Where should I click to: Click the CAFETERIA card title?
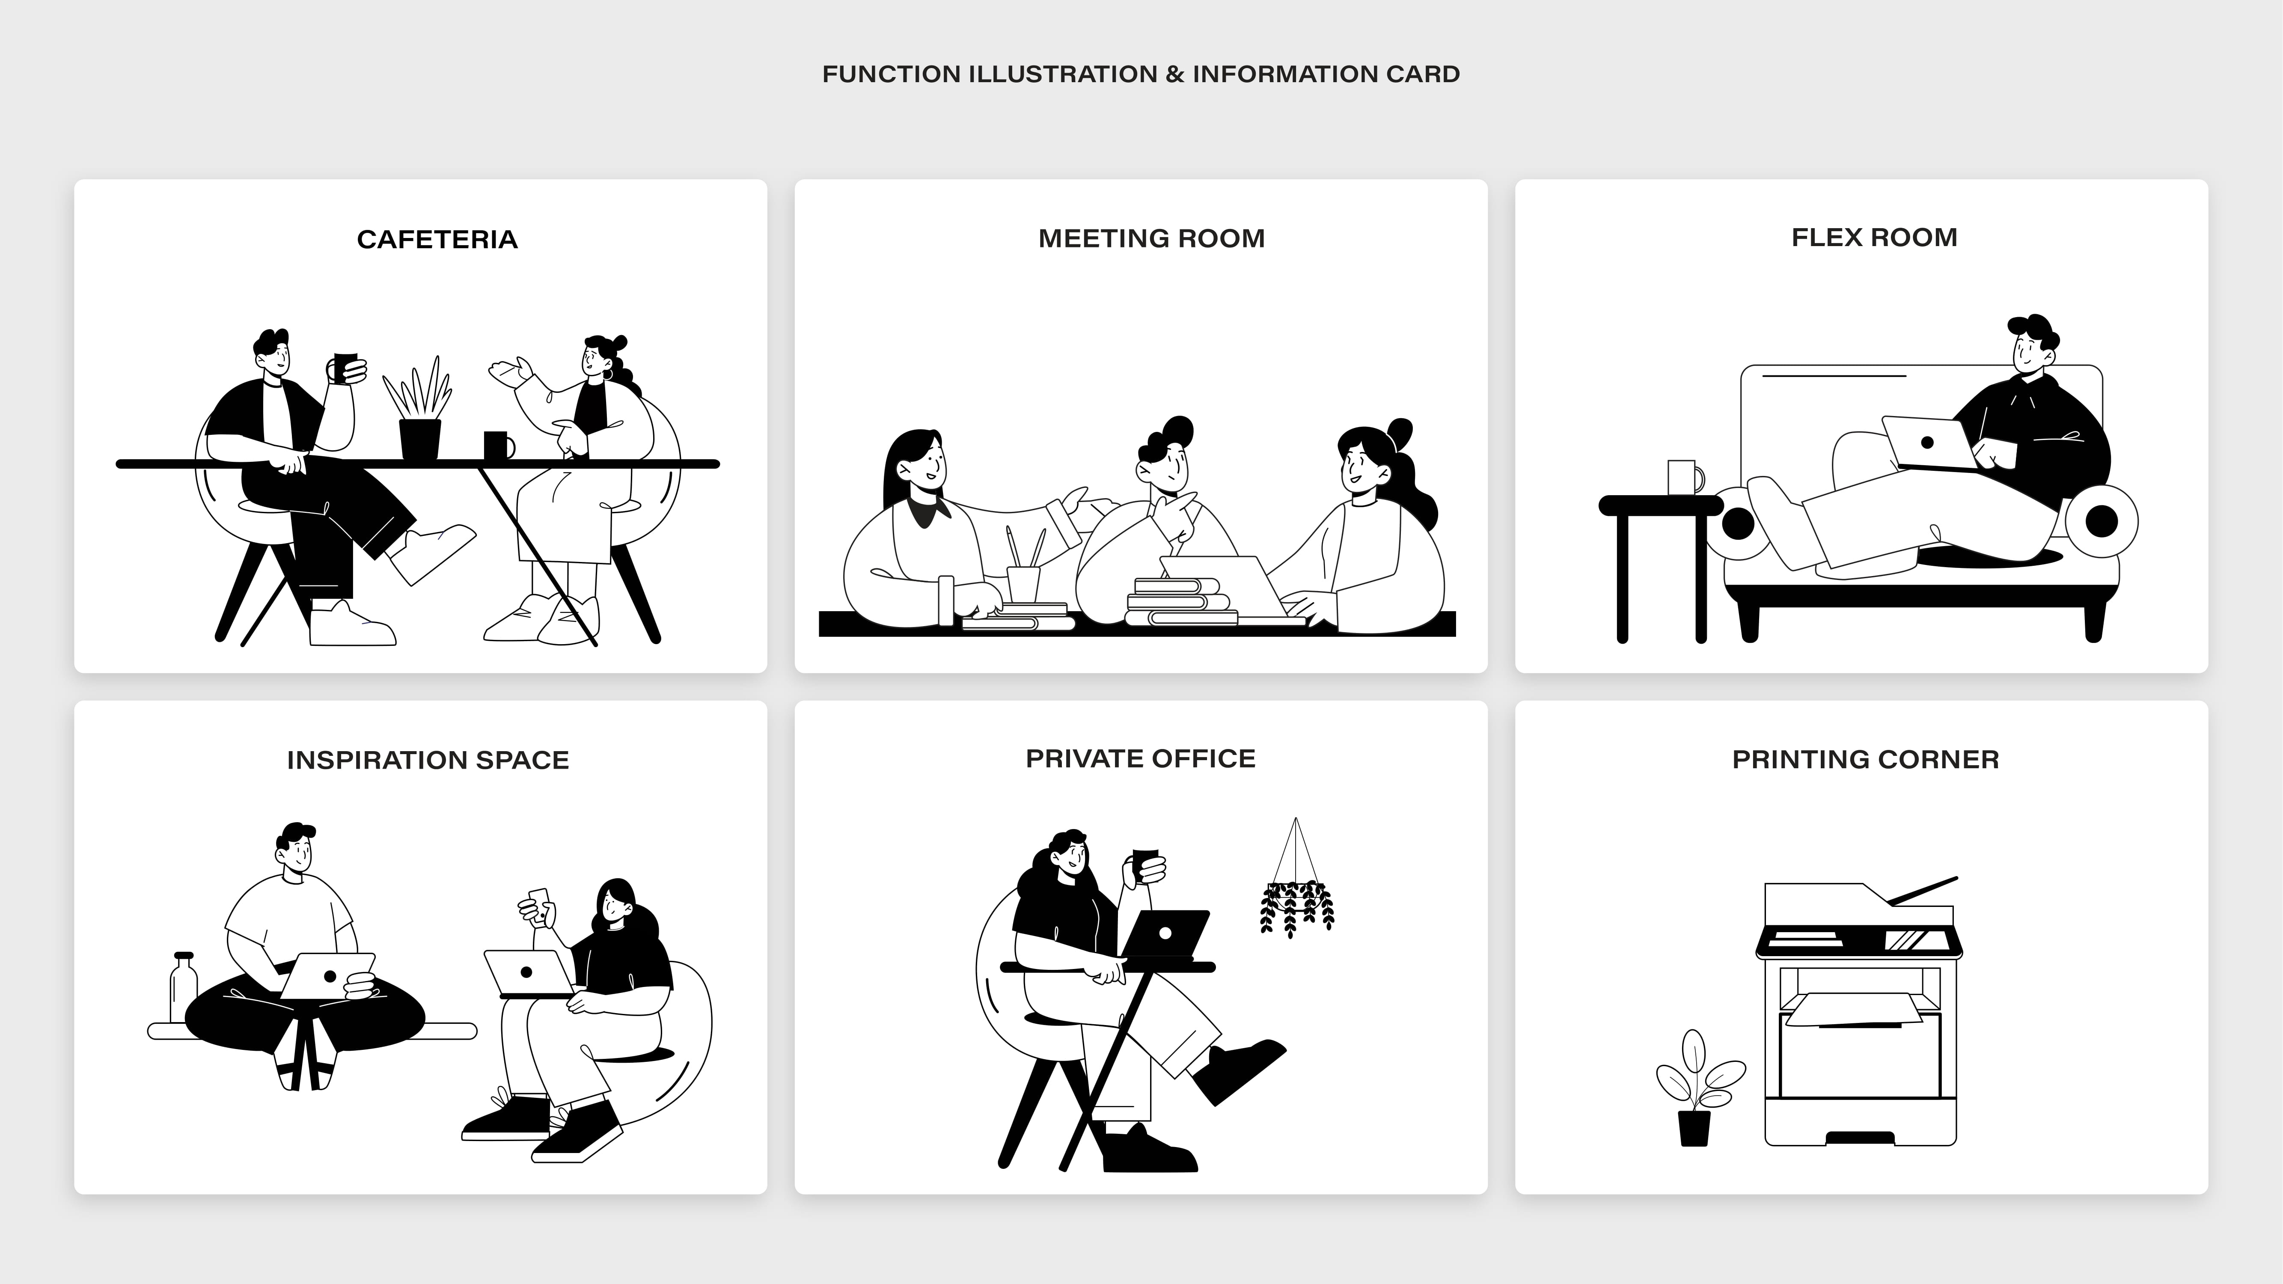tap(437, 239)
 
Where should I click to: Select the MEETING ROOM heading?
tap(1151, 238)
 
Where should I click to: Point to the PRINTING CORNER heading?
tap(1866, 759)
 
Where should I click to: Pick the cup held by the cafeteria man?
tap(345, 366)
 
